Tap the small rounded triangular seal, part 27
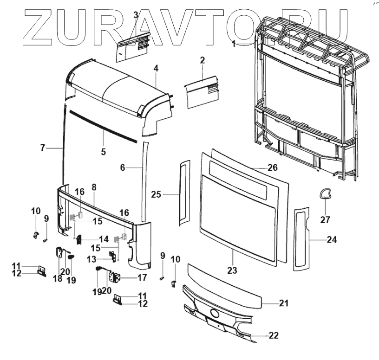tap(326, 193)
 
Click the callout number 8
tap(94, 187)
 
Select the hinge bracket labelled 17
tap(115, 277)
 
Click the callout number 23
tap(232, 270)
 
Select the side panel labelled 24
tap(302, 239)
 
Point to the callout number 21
tap(284, 304)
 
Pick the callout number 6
tap(123, 167)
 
